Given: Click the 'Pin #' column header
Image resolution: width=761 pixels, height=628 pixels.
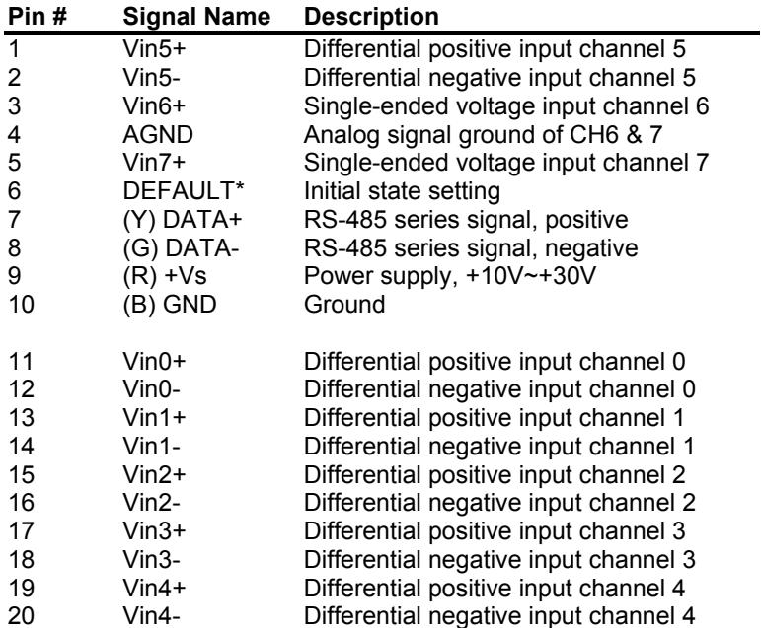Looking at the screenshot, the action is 38,17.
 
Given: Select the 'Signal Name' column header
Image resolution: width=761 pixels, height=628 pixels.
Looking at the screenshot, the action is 196,17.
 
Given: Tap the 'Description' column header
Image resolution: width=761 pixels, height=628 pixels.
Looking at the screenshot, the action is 371,18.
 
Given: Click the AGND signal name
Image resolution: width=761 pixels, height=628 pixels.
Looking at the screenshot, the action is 158,134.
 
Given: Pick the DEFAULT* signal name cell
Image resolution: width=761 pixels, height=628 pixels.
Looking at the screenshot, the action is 184,190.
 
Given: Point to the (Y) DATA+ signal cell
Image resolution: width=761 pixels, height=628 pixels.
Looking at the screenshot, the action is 183,220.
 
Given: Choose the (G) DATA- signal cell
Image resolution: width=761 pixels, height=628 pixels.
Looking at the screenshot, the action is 181,248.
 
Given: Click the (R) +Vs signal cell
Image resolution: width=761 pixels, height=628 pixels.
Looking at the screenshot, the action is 165,276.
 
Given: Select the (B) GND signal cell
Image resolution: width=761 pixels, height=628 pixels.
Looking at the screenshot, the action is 170,305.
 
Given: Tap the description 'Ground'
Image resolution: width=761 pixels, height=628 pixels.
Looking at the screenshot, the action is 344,305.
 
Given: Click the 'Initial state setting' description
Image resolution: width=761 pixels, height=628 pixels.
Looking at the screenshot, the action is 402,191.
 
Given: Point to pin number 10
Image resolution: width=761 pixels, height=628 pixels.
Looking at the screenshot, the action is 22,305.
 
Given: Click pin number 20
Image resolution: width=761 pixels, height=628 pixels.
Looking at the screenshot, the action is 22,616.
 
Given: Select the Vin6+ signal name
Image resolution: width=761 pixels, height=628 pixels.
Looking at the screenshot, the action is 154,106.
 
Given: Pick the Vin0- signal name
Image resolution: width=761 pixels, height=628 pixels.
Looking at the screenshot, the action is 151,389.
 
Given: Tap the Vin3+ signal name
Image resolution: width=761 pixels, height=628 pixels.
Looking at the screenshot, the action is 154,531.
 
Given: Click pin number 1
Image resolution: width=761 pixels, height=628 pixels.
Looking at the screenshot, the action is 14,49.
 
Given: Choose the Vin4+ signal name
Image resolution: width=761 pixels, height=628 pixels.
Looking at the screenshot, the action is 154,588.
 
